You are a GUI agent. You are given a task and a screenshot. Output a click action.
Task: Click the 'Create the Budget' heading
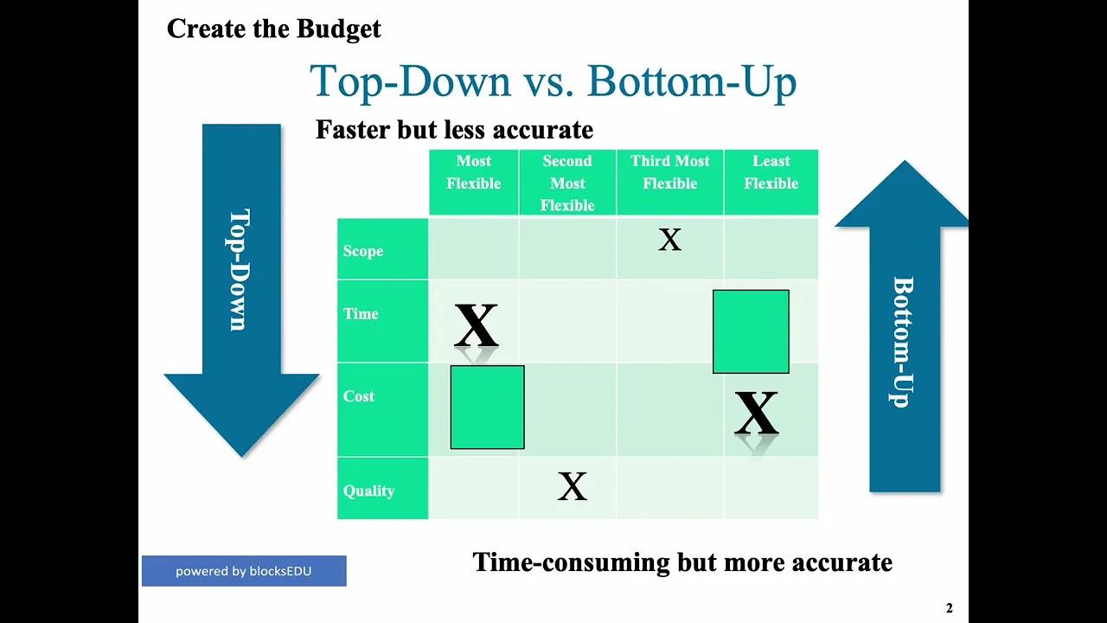(x=273, y=29)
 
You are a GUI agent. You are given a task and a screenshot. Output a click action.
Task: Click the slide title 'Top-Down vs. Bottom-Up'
(x=553, y=81)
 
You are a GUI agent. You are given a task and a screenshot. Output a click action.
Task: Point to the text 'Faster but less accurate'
(x=454, y=130)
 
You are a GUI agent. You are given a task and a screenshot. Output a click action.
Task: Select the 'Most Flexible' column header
(x=473, y=172)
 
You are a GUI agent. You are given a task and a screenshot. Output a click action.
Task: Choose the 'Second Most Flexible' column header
(x=567, y=183)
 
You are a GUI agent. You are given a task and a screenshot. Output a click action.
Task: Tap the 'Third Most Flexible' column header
(x=669, y=172)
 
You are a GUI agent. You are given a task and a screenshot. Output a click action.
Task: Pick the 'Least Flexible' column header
(x=771, y=172)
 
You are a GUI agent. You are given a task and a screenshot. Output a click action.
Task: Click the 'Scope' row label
(x=363, y=251)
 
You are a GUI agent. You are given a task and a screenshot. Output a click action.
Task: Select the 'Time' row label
(x=361, y=314)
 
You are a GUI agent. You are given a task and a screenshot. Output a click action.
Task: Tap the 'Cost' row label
(x=359, y=396)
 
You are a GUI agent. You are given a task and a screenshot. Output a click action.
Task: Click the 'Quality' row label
(x=368, y=491)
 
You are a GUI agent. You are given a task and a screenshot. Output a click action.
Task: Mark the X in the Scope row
(x=669, y=241)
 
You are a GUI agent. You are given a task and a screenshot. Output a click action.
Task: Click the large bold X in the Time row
(x=476, y=325)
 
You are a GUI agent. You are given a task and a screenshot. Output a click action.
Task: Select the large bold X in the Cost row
(x=756, y=414)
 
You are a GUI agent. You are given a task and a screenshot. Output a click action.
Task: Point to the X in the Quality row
(x=572, y=487)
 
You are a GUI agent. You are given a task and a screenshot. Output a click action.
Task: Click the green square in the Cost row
(x=487, y=408)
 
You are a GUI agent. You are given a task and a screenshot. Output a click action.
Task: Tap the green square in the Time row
(x=751, y=331)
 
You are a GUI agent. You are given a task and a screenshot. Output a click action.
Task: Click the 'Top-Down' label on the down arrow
(x=239, y=270)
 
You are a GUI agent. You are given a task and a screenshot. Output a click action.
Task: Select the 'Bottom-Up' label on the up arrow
(x=903, y=342)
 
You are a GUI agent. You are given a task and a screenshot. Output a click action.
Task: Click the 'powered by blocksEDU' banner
(x=244, y=571)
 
